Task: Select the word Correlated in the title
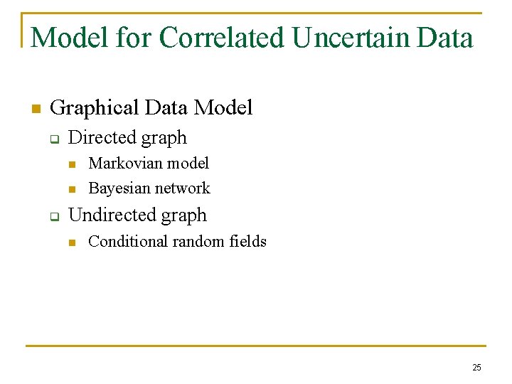(224, 37)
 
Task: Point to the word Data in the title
(446, 37)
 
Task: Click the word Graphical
(95, 108)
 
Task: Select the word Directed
(98, 137)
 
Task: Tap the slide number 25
(476, 368)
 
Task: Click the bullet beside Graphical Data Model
(36, 109)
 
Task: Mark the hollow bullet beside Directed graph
(54, 139)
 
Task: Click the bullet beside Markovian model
(72, 164)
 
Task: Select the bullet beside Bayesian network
(72, 189)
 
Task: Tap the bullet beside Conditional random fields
(72, 242)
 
